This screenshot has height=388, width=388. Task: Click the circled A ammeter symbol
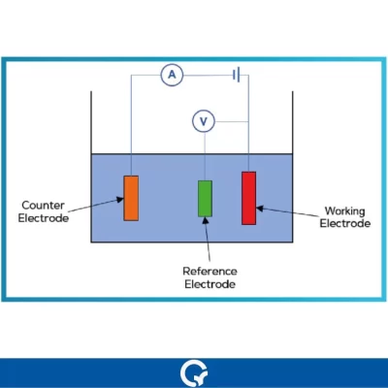pyautogui.click(x=172, y=75)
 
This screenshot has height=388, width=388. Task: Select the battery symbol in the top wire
pyautogui.click(x=235, y=75)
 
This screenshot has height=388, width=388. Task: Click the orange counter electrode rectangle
pyautogui.click(x=131, y=197)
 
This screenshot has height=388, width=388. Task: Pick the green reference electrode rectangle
pyautogui.click(x=205, y=198)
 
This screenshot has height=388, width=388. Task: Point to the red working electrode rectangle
pyautogui.click(x=249, y=197)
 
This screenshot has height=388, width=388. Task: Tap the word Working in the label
pyautogui.click(x=344, y=210)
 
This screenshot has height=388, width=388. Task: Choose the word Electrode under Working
pyautogui.click(x=344, y=224)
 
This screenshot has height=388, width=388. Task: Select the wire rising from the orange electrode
pyautogui.click(x=131, y=126)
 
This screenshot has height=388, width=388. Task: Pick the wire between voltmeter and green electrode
pyautogui.click(x=205, y=155)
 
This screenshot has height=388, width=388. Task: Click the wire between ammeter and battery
pyautogui.click(x=206, y=75)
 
